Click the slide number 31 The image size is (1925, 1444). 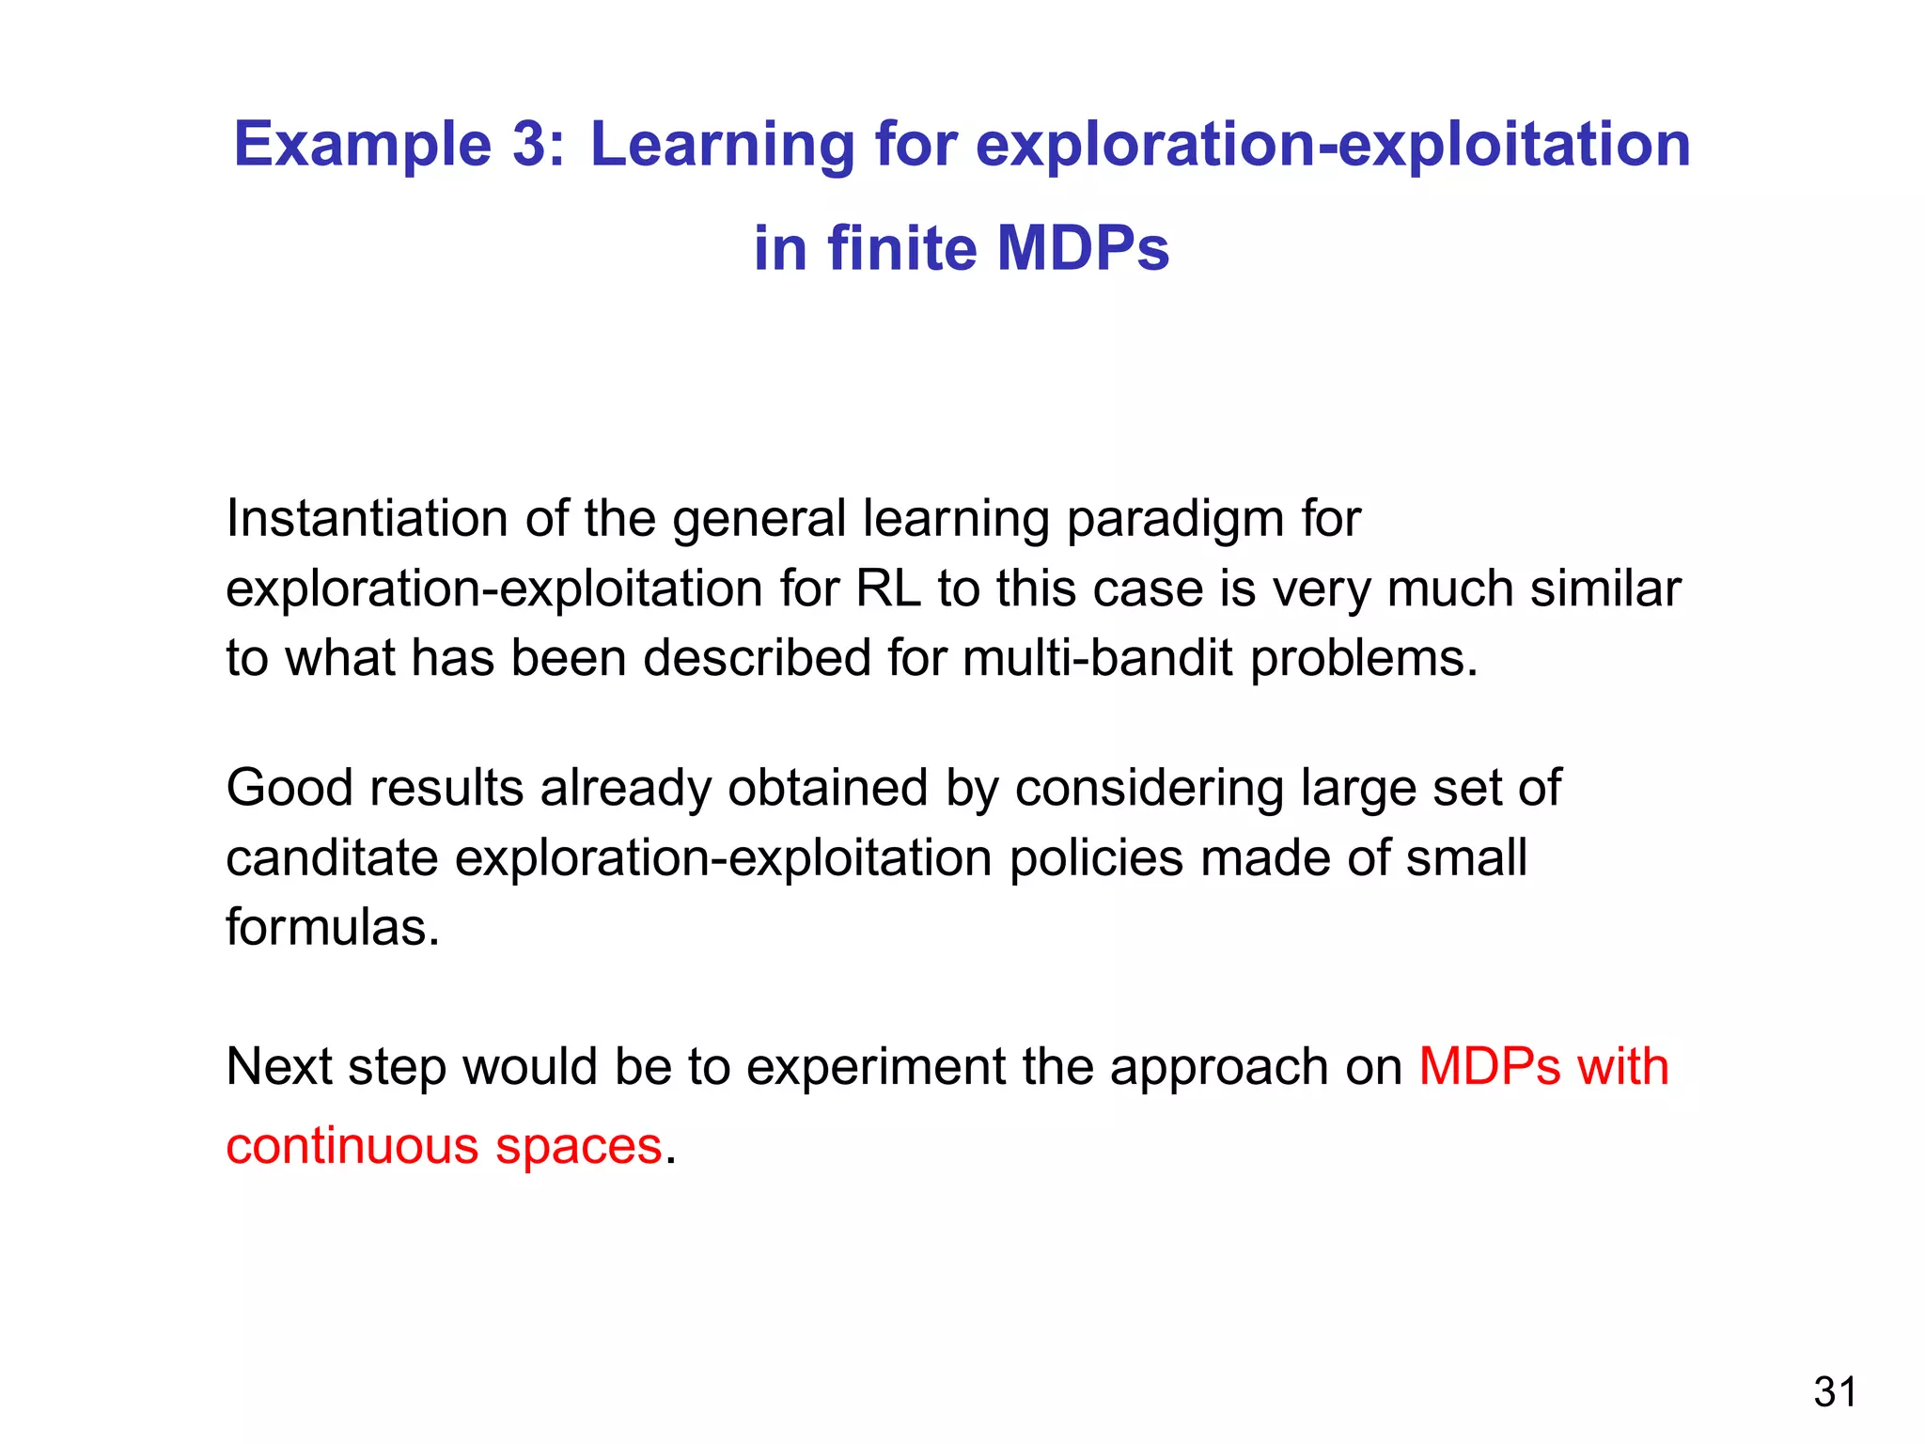(1835, 1392)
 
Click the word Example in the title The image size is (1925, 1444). (362, 146)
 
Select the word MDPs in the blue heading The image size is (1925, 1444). (1082, 249)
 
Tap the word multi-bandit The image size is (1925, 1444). (1097, 658)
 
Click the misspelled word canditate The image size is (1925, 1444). (332, 858)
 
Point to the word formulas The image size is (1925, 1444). (332, 928)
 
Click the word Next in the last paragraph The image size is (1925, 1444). (279, 1067)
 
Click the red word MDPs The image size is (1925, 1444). (1490, 1067)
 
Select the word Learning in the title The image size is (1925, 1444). (722, 146)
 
